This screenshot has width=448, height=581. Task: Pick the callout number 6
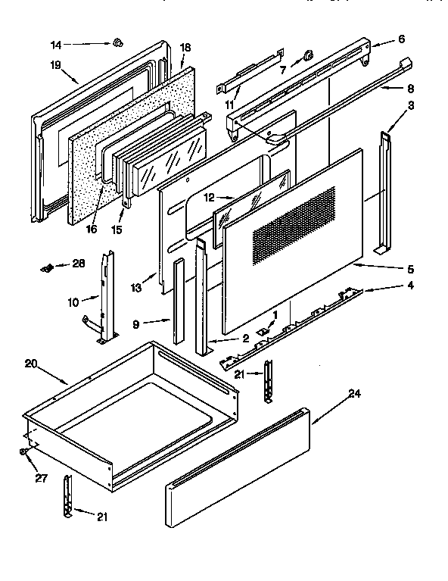pos(402,39)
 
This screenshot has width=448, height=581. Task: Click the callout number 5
pos(410,268)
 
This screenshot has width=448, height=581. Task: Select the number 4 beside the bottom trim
pos(410,286)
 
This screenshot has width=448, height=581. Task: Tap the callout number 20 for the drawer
pos(31,364)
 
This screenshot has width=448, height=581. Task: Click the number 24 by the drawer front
pos(353,393)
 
